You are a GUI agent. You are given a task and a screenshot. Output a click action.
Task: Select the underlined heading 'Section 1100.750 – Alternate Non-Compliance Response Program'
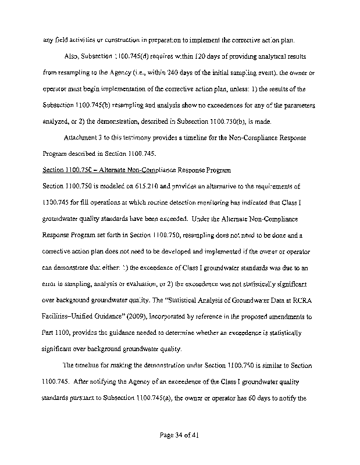[x=137, y=170]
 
